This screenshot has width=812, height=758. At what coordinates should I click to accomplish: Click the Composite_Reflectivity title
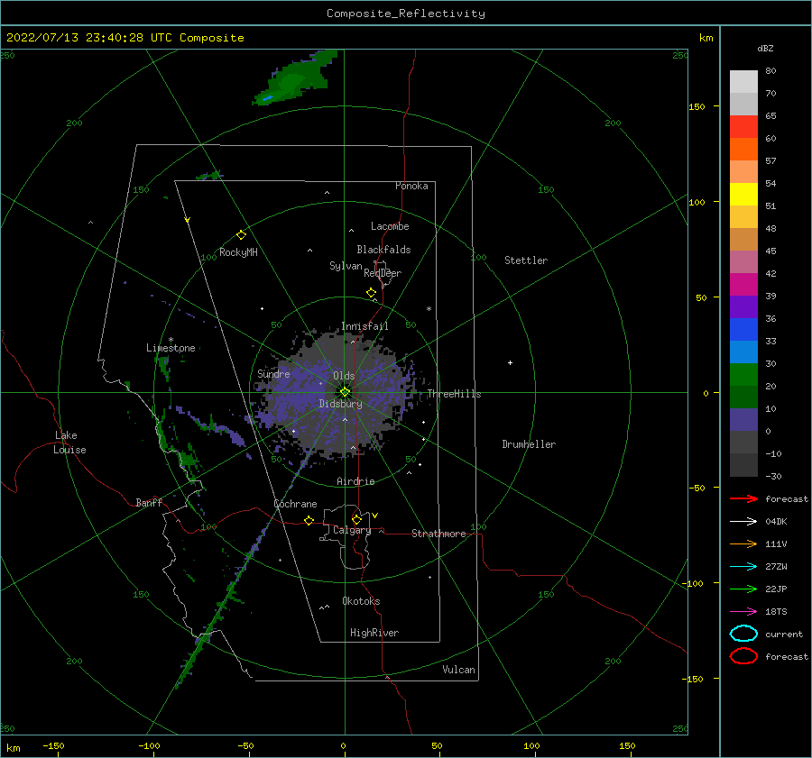pyautogui.click(x=405, y=14)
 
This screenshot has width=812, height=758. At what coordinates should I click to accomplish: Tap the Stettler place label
pyautogui.click(x=526, y=260)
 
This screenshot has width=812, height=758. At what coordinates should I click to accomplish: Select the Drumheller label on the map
pyautogui.click(x=529, y=444)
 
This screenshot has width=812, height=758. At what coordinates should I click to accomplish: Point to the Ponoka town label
pyautogui.click(x=411, y=186)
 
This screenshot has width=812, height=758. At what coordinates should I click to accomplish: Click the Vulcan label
pyautogui.click(x=458, y=670)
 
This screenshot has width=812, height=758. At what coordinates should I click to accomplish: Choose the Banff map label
pyautogui.click(x=149, y=502)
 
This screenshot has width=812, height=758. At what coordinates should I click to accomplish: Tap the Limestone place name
pyautogui.click(x=171, y=348)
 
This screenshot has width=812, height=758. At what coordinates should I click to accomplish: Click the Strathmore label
pyautogui.click(x=438, y=534)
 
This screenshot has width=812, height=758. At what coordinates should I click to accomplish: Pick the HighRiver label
pyautogui.click(x=374, y=633)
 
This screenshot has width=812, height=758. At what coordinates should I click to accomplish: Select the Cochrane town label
pyautogui.click(x=295, y=504)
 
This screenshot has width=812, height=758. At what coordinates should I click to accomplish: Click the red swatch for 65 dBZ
pyautogui.click(x=743, y=127)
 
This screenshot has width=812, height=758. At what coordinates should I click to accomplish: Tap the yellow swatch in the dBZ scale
pyautogui.click(x=743, y=194)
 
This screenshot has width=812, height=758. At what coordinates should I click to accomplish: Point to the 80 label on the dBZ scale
pyautogui.click(x=770, y=71)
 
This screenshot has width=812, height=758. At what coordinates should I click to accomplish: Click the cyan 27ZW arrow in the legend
pyautogui.click(x=743, y=567)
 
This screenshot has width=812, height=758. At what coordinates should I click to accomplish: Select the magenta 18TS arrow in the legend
pyautogui.click(x=743, y=612)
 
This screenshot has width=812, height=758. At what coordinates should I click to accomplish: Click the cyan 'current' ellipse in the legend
pyautogui.click(x=743, y=634)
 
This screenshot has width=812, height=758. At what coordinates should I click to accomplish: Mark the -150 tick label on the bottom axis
pyautogui.click(x=53, y=746)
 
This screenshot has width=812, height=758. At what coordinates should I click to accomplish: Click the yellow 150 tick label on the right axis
pyautogui.click(x=697, y=106)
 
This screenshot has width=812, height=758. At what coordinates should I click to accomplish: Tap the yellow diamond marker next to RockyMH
pyautogui.click(x=241, y=235)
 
